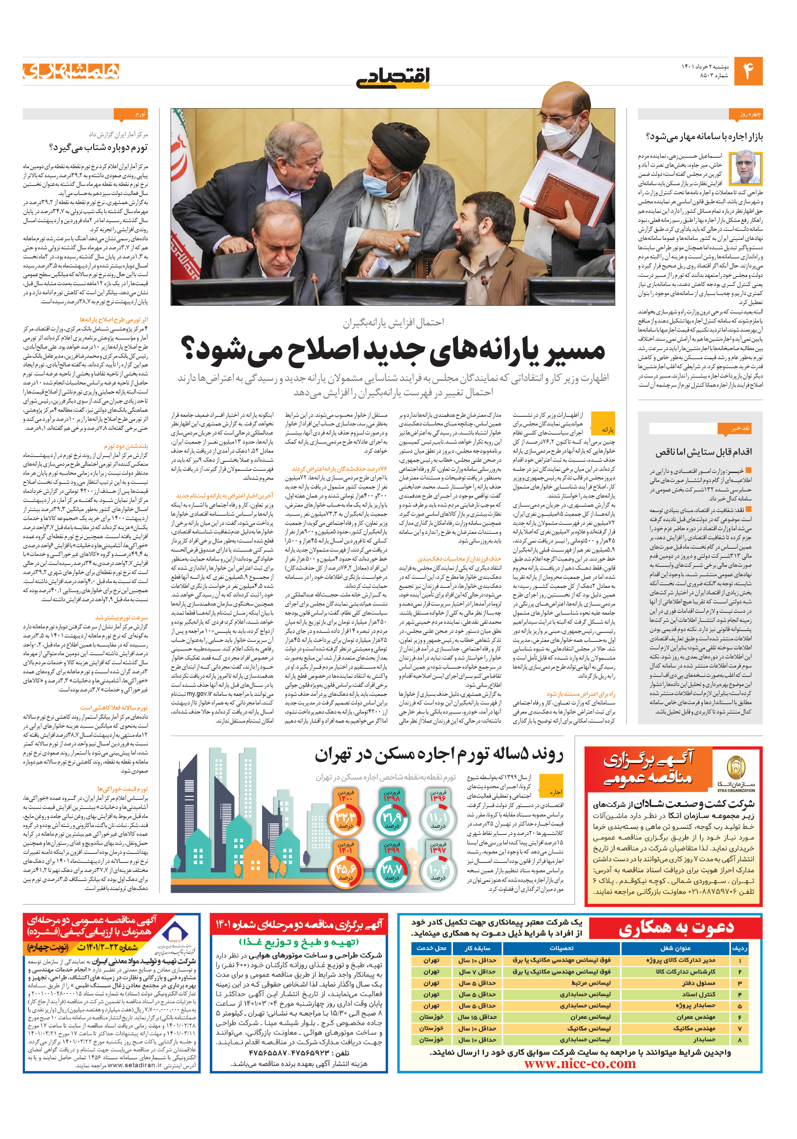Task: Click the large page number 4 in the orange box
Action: (x=747, y=71)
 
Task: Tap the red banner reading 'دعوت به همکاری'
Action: (x=676, y=928)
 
